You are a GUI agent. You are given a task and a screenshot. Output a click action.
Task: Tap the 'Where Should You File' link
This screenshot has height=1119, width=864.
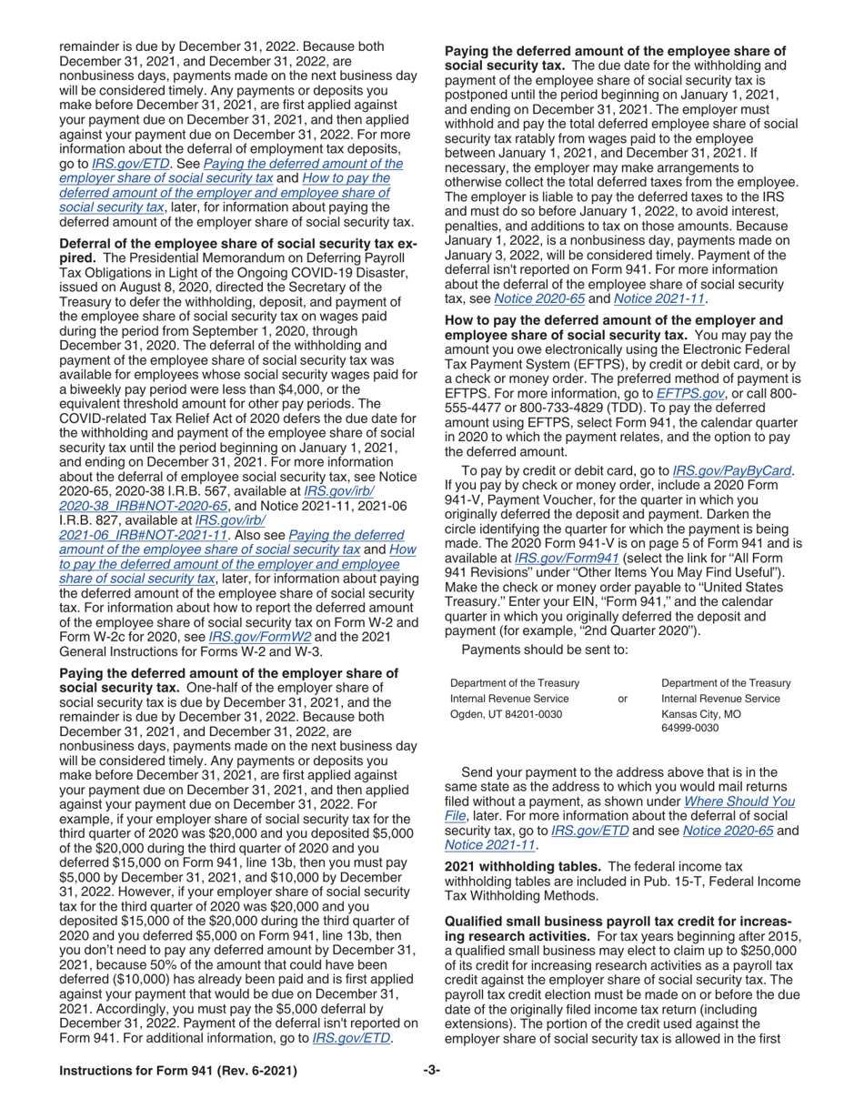738,801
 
